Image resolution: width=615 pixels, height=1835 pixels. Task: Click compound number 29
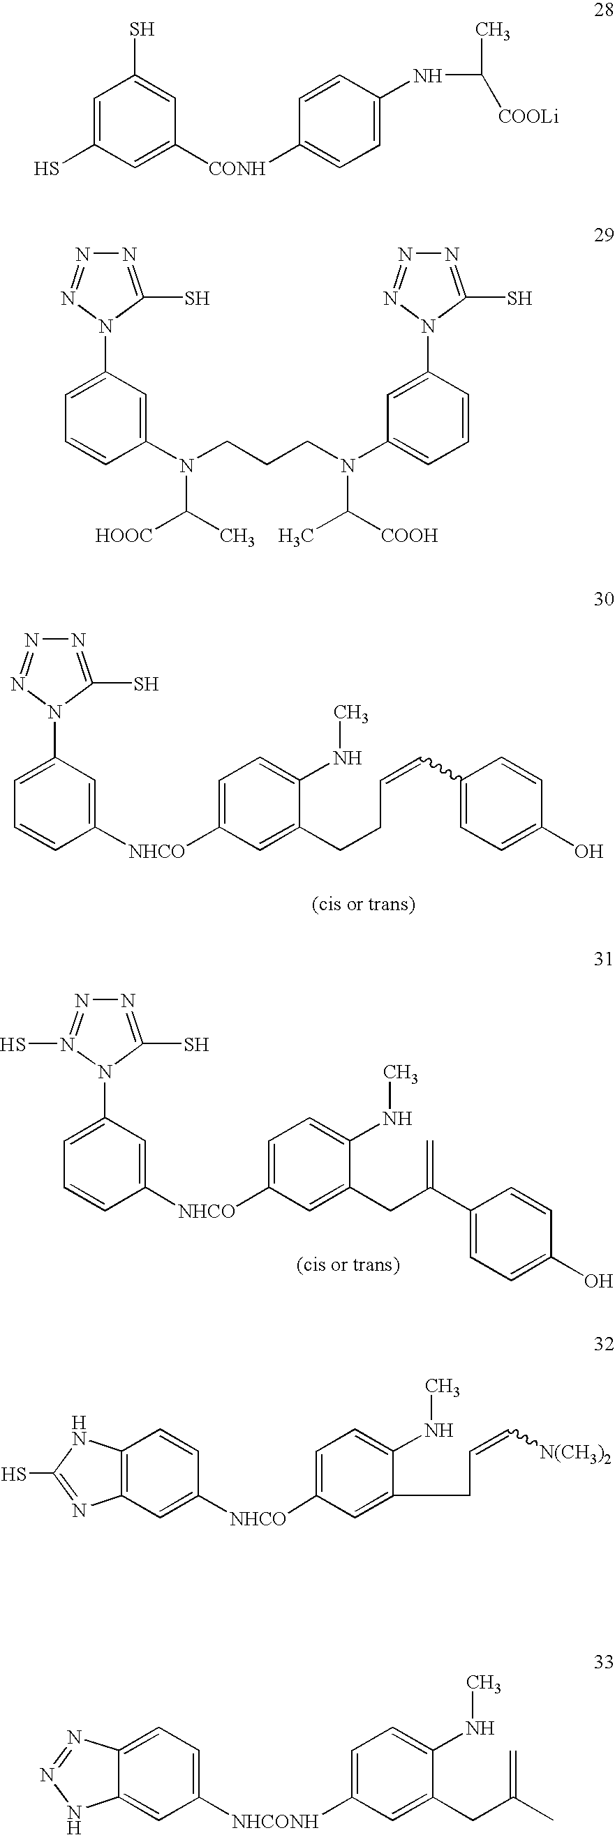tap(603, 236)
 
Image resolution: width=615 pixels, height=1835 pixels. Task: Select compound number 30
tap(603, 599)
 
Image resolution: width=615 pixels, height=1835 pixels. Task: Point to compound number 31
tap(603, 960)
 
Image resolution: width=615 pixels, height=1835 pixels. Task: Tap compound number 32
tap(603, 1344)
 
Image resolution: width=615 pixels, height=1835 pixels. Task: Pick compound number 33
tap(603, 1662)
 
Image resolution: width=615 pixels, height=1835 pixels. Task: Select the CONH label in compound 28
tap(237, 169)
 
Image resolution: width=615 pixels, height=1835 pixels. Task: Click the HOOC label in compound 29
tap(124, 536)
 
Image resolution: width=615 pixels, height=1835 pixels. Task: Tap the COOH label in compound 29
tap(409, 536)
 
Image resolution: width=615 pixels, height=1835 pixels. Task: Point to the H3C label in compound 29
tap(296, 536)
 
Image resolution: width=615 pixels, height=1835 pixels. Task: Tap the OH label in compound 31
tap(598, 1281)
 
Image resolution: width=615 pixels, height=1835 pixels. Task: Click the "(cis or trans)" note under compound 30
tap(364, 905)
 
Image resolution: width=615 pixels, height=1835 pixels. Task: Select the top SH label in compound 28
tap(141, 29)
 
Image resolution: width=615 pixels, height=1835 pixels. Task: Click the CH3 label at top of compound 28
tap(491, 31)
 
